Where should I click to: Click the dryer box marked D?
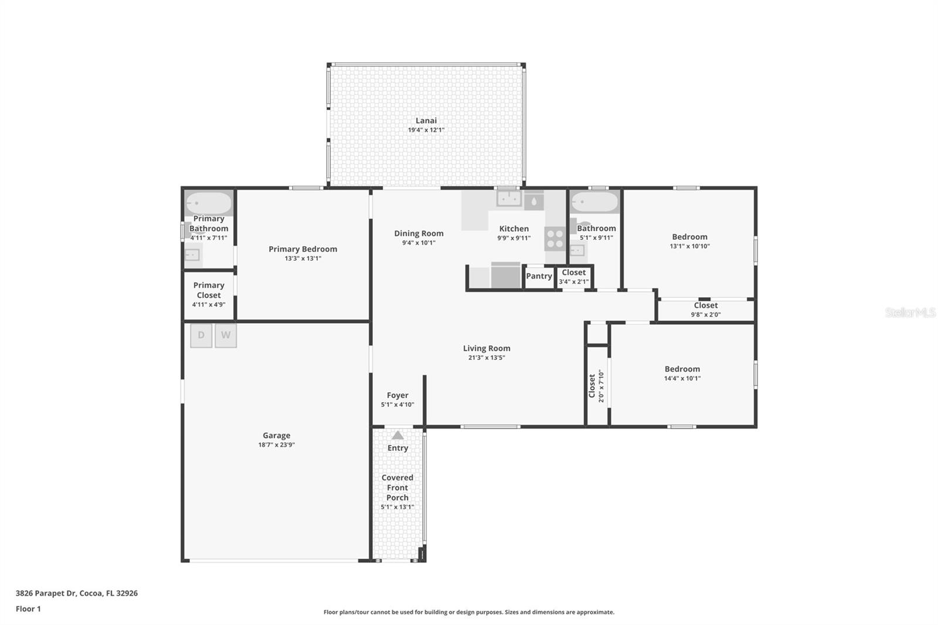tap(201, 335)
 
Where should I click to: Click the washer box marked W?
tap(226, 335)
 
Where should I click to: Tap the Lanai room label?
tap(426, 121)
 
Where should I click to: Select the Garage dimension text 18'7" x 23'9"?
tap(276, 445)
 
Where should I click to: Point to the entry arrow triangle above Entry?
tap(397, 435)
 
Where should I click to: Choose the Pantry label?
tap(539, 276)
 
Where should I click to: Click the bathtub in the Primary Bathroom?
tap(209, 203)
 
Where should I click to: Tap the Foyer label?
tap(397, 395)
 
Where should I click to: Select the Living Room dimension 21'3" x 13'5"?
tap(487, 358)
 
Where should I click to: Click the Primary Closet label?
tap(209, 290)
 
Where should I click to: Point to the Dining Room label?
tap(419, 233)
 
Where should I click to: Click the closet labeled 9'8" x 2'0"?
tap(706, 310)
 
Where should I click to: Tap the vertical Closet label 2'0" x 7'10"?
tap(596, 385)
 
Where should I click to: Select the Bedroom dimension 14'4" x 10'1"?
tap(682, 378)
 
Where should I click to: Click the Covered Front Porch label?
tap(397, 488)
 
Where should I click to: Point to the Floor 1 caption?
tap(28, 609)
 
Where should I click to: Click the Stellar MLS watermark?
tap(910, 312)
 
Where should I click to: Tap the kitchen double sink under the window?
tap(509, 199)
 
